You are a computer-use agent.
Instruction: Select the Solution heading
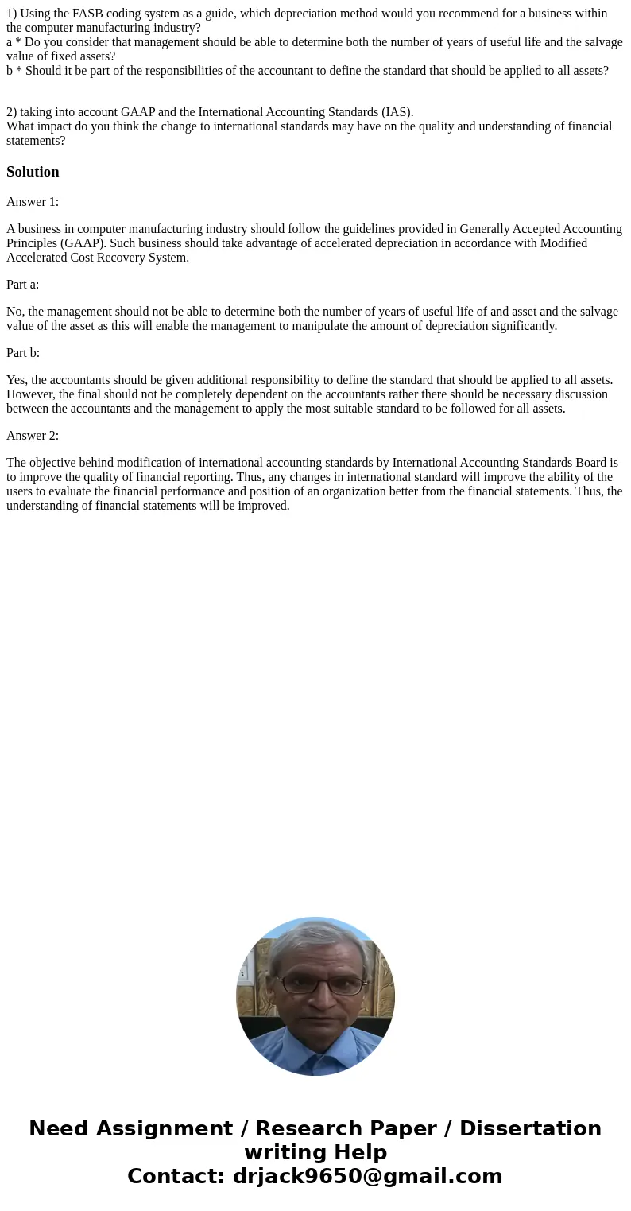[33, 172]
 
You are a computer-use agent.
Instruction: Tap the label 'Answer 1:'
[33, 202]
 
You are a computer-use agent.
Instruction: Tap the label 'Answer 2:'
[33, 436]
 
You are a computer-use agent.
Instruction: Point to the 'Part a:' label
[22, 285]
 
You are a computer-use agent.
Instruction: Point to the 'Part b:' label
[23, 353]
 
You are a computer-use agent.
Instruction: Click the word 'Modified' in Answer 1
[562, 243]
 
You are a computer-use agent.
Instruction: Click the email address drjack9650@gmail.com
[367, 1176]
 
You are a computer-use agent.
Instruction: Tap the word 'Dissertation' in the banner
[530, 1128]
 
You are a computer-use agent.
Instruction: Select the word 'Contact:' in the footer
[176, 1176]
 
